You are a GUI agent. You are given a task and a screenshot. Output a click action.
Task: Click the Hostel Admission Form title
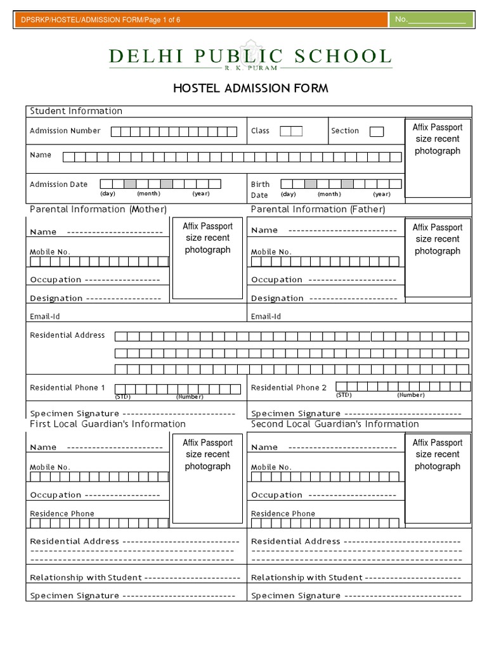coord(250,88)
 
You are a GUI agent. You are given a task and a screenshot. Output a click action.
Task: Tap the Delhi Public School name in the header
coord(250,56)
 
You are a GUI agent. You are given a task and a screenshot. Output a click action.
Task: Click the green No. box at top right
coord(431,20)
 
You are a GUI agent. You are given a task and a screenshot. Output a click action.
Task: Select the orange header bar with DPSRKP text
coord(200,20)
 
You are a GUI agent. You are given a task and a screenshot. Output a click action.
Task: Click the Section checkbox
coord(377,131)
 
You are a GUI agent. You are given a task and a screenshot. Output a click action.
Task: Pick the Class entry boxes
coord(291,131)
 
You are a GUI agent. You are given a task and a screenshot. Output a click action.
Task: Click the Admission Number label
coord(65,131)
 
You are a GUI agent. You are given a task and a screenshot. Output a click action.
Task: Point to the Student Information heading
coord(76,111)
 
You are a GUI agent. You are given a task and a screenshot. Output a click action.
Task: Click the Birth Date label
coord(260,190)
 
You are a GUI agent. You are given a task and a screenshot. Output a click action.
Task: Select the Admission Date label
coord(59,184)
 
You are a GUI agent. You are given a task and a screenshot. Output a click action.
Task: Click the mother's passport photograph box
coord(207,257)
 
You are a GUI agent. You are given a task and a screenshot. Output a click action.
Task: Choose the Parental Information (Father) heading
coord(318,209)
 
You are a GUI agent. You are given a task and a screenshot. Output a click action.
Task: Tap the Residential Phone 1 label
coord(67,387)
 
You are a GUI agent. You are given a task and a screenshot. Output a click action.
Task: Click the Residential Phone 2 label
coord(289,387)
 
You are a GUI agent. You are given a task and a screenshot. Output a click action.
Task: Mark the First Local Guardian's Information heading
coord(108,424)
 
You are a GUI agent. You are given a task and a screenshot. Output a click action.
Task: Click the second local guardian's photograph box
coord(438,472)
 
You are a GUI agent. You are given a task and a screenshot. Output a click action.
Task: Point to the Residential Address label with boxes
coord(67,335)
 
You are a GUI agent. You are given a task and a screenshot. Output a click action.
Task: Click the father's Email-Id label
coord(266,316)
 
